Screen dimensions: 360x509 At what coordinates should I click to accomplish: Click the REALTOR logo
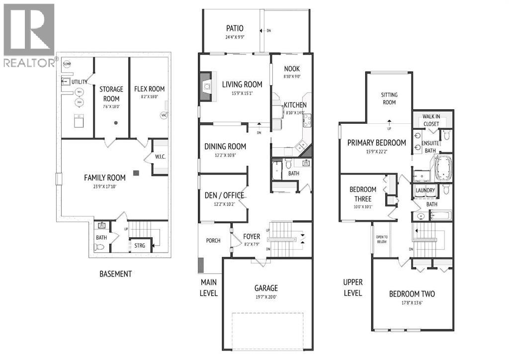click(29, 35)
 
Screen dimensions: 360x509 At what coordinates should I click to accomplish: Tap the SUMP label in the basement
click(67, 64)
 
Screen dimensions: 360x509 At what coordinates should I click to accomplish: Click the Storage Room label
click(111, 93)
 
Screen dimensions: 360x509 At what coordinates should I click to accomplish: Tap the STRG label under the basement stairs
click(140, 245)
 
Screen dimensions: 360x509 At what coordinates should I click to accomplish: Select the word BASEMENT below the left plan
click(116, 273)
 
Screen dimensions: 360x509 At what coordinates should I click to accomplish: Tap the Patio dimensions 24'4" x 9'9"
click(235, 36)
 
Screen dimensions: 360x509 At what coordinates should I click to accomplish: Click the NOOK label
click(292, 69)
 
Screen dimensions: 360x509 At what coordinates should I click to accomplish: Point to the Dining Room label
click(225, 146)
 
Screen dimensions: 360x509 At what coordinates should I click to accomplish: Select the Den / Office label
click(224, 195)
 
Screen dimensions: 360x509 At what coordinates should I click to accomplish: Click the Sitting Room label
click(389, 98)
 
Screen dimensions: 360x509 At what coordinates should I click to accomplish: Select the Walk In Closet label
click(431, 119)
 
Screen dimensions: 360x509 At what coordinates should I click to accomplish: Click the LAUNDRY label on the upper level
click(425, 190)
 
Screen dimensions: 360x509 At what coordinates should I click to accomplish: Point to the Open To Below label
click(382, 239)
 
